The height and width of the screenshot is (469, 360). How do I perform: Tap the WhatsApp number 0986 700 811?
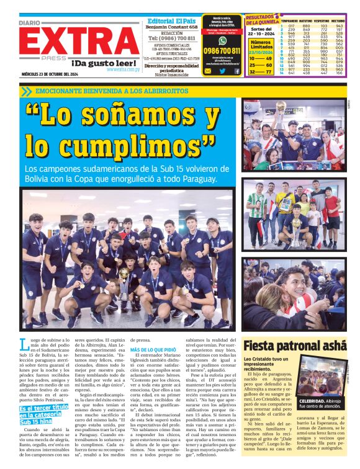[x=222, y=50]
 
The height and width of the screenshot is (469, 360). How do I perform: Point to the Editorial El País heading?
[x=172, y=20]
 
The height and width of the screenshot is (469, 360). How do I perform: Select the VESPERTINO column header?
[x=321, y=21]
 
